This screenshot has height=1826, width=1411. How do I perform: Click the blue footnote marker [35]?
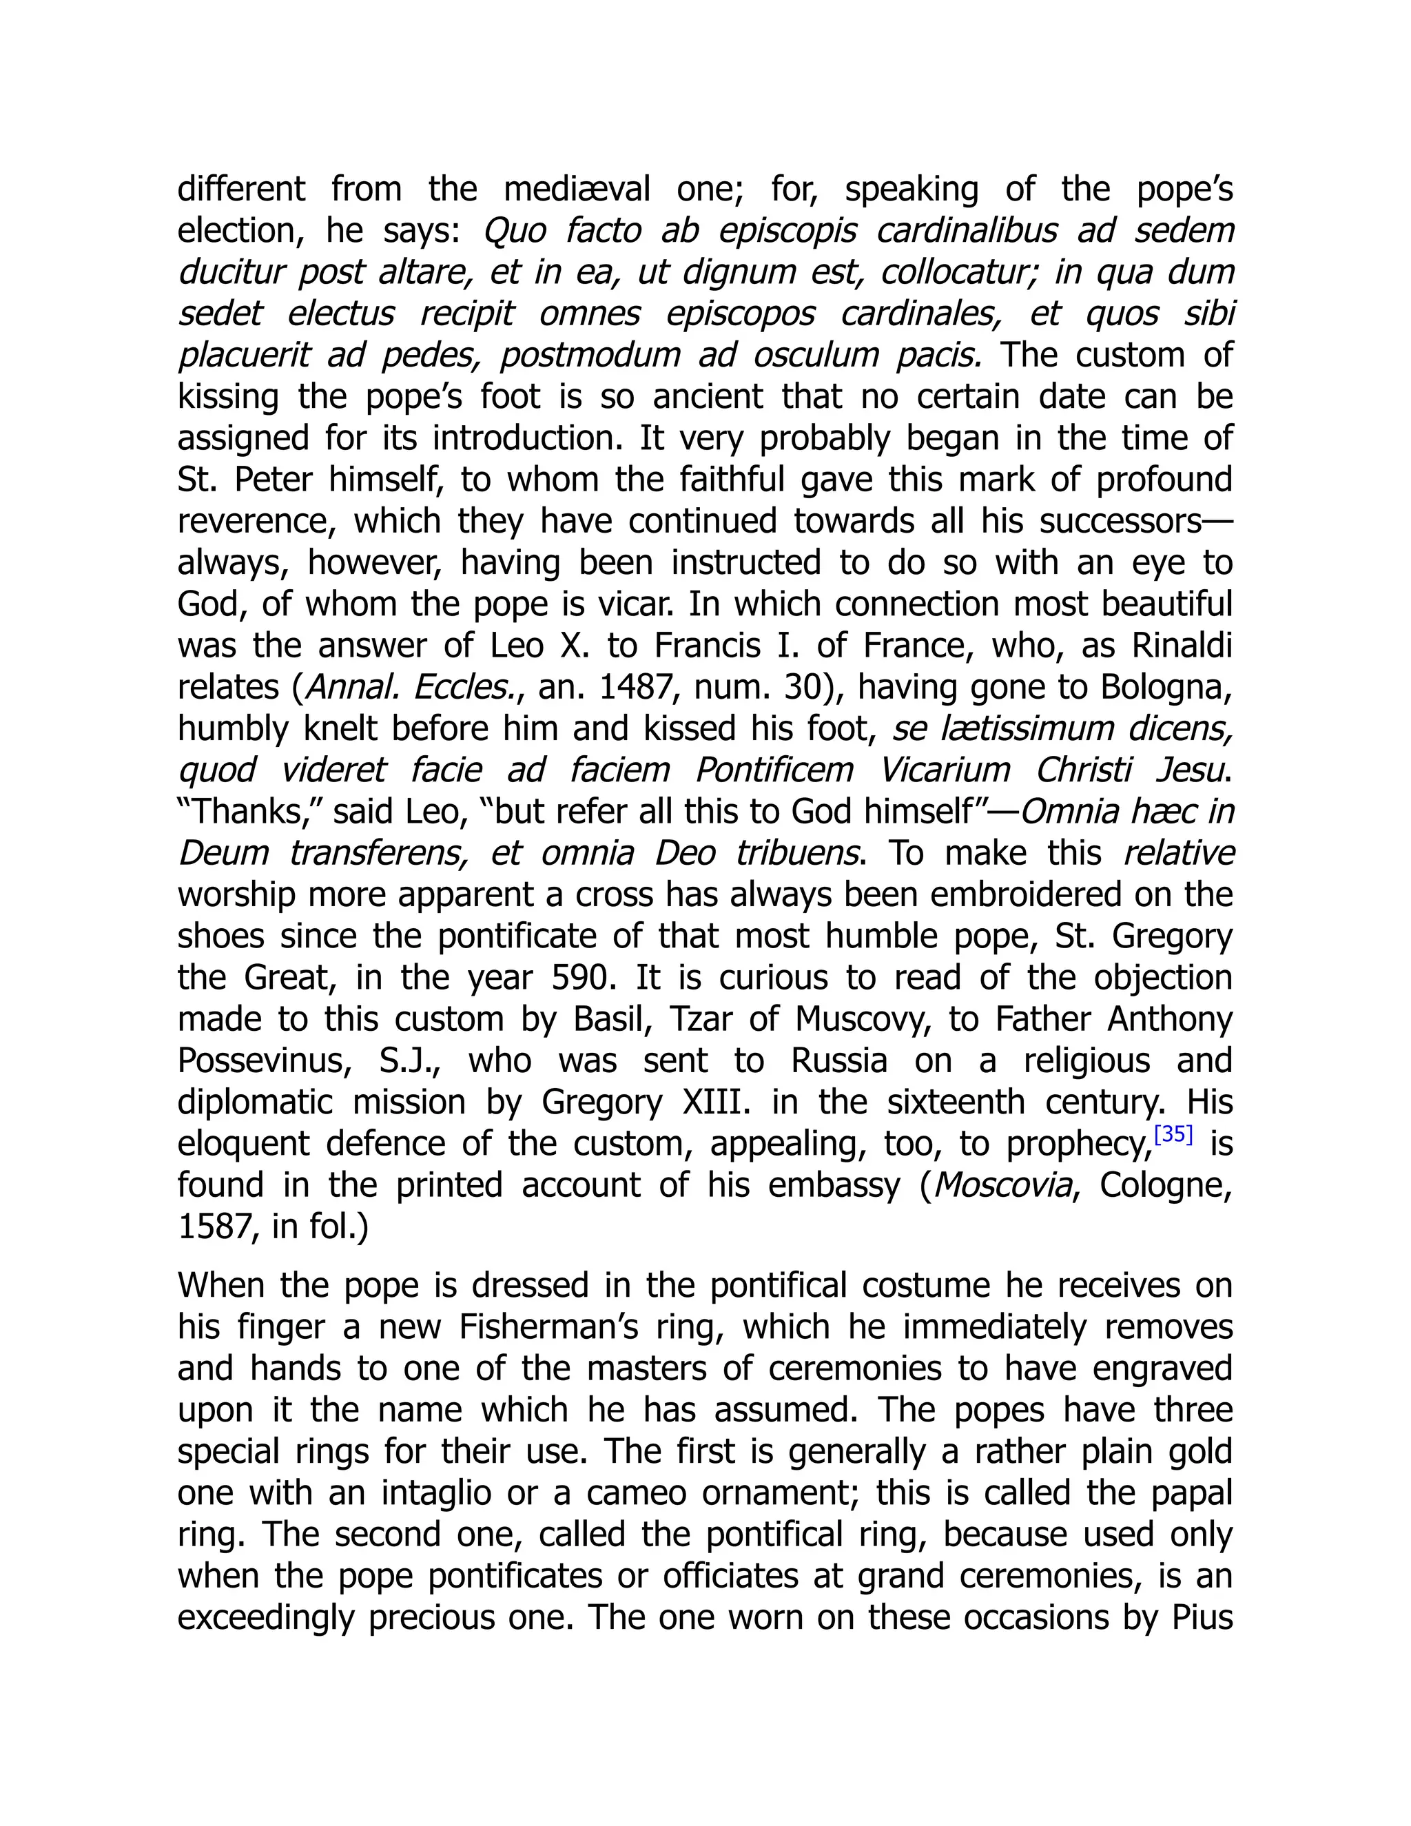(x=1173, y=1136)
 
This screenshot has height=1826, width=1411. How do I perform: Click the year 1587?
(x=212, y=1227)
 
